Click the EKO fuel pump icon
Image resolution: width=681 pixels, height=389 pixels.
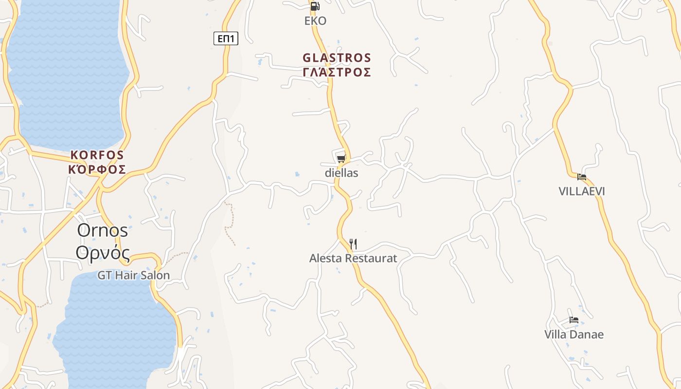tap(315, 6)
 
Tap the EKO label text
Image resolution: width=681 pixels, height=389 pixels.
tap(315, 21)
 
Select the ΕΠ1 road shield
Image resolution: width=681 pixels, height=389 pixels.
tap(226, 38)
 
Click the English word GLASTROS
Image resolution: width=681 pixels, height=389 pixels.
tap(337, 58)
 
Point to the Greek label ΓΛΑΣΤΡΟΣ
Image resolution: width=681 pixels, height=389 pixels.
tap(337, 72)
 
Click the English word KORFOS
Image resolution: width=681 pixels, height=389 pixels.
tap(97, 156)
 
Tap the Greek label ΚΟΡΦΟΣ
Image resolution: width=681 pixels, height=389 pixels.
tap(97, 170)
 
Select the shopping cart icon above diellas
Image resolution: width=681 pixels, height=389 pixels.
tap(341, 159)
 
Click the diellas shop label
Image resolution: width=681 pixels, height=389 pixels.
tap(341, 173)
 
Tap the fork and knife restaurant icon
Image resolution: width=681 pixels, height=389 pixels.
tap(353, 244)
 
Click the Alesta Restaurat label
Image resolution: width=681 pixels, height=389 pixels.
tap(353, 259)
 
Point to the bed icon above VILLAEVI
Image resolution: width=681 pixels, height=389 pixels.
tap(582, 177)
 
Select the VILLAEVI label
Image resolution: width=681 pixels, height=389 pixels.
tap(582, 192)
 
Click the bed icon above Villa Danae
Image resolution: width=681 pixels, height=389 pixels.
tap(574, 320)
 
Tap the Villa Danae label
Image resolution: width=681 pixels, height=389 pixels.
tap(574, 335)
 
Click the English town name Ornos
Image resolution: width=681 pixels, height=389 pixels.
tap(102, 230)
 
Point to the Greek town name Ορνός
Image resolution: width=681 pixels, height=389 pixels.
tap(103, 253)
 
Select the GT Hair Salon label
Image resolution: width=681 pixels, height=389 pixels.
tap(134, 276)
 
